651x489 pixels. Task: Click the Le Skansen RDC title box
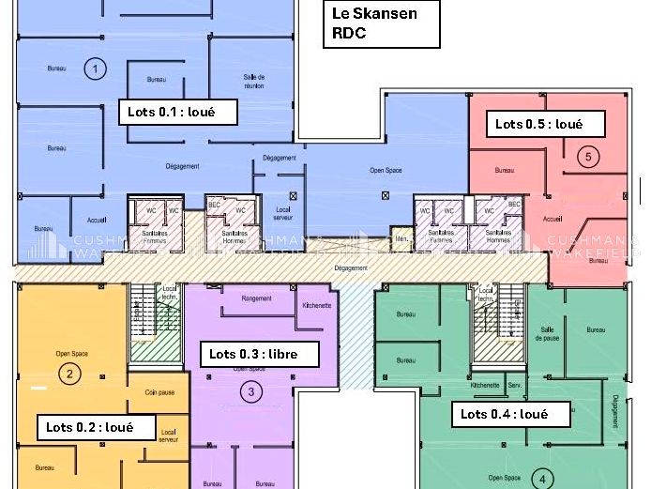382,24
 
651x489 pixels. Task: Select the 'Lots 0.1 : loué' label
177,112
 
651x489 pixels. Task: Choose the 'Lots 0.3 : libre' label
260,354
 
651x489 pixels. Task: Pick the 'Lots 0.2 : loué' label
96,427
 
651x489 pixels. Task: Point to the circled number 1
95,68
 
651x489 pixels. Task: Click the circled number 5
588,157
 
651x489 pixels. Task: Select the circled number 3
250,392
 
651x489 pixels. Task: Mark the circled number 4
541,480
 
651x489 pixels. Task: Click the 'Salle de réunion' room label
254,81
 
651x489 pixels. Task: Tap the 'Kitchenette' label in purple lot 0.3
316,306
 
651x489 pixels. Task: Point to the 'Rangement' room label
256,298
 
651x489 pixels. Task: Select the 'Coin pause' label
159,392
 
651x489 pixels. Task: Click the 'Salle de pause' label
549,333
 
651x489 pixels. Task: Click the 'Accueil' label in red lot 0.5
553,219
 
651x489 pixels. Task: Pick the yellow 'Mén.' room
401,239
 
